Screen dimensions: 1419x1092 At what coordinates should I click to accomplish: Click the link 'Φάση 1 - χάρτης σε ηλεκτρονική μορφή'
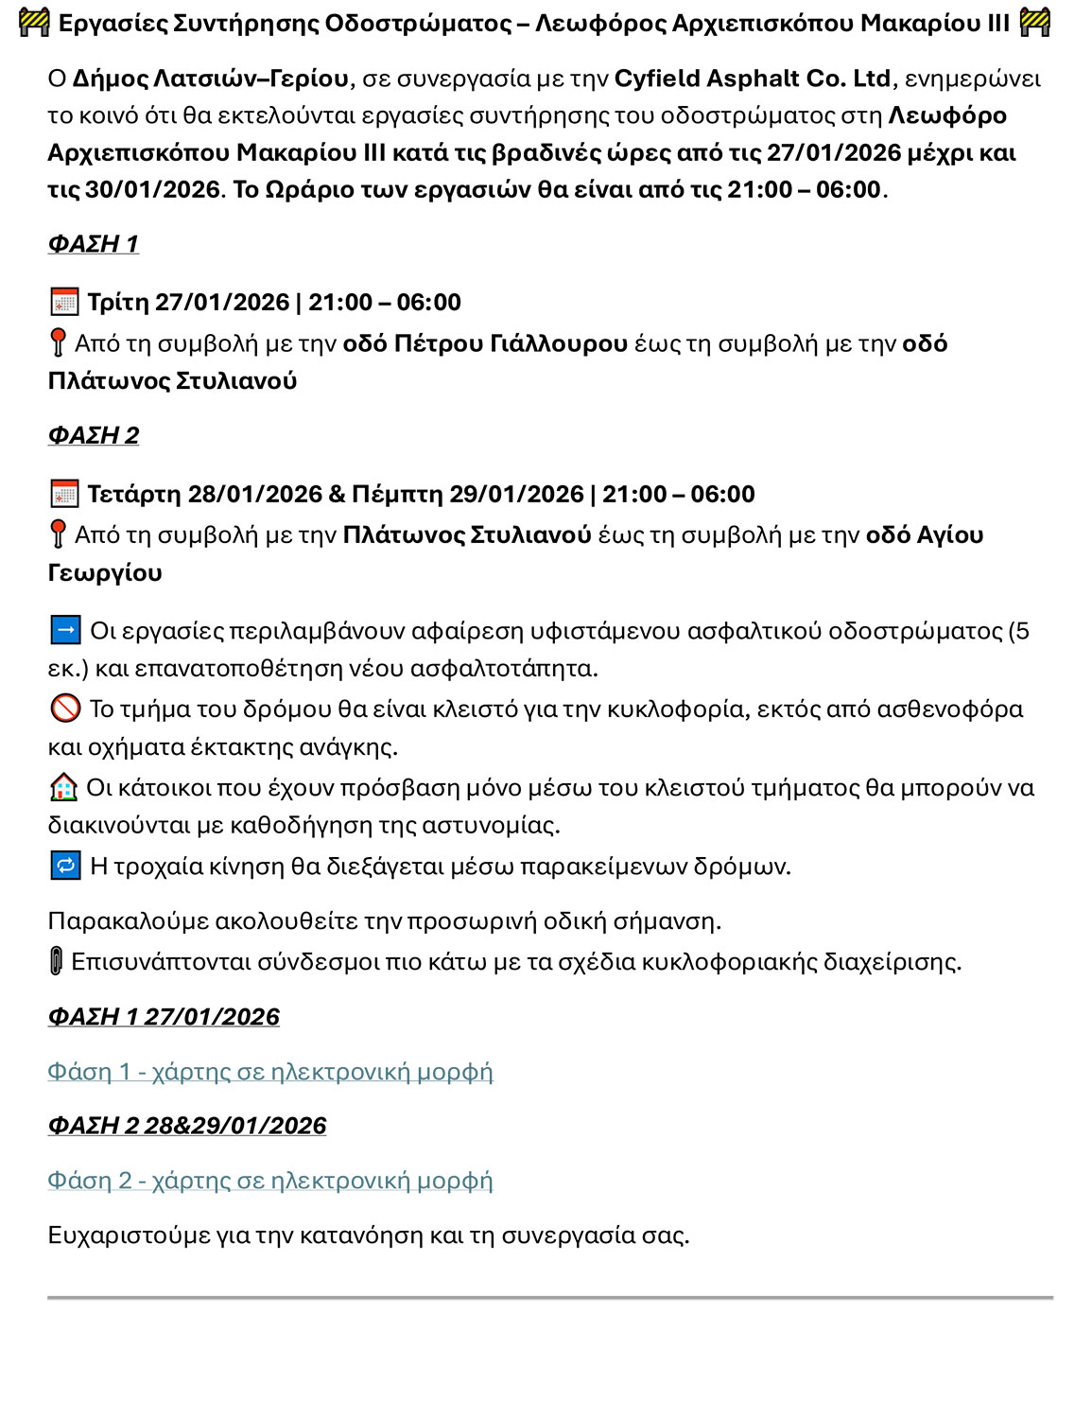270,1072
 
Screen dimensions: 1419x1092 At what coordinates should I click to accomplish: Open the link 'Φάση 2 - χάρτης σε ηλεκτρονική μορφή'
270,1181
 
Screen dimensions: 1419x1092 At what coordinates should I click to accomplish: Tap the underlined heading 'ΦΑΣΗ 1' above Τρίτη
94,244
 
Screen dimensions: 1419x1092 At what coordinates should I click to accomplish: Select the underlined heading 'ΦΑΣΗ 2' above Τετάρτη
94,435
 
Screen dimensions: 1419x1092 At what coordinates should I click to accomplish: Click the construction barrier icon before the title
34,23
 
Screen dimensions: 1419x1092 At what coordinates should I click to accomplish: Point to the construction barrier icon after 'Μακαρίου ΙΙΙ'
1035,23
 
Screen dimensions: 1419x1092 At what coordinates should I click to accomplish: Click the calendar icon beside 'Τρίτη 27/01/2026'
64,303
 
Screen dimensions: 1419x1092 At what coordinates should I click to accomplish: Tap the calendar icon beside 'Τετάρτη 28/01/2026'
64,494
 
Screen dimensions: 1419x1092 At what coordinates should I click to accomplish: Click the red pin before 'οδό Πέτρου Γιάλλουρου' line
58,342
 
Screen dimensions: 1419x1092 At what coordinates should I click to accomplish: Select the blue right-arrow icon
65,630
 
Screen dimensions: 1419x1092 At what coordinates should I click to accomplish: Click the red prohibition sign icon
64,709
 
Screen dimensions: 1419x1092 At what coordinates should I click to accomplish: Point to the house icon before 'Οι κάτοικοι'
63,787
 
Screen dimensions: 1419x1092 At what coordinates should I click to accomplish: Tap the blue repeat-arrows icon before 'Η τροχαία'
65,866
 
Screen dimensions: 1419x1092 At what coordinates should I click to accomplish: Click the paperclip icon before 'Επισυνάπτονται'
56,961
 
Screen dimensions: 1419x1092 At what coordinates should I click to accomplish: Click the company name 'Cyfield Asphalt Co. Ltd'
753,79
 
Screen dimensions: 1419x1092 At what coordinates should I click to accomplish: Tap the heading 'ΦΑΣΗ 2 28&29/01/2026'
187,1126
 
